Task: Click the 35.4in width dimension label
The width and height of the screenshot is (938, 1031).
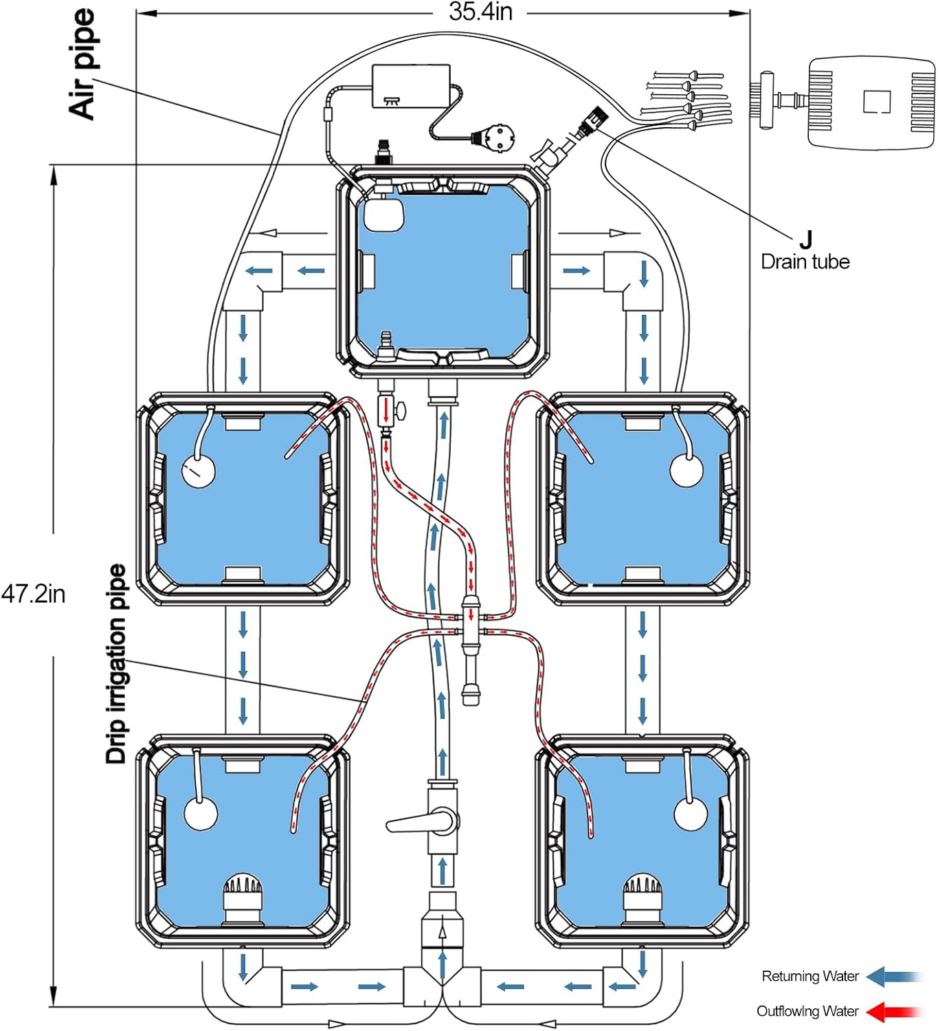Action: coord(480,12)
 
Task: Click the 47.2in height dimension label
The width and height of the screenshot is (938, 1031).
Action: coord(33,593)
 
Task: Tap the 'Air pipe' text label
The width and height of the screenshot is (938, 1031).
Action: coord(82,65)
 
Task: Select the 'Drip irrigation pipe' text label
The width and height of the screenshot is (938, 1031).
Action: coord(116,664)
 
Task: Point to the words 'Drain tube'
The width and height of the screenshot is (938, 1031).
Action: coord(805,262)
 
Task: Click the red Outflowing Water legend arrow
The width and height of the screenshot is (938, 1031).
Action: coord(894,1011)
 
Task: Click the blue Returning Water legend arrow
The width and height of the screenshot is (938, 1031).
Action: coord(894,976)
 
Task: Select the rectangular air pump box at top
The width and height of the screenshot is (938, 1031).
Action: coord(411,86)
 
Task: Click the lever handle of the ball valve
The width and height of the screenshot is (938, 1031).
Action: coord(411,823)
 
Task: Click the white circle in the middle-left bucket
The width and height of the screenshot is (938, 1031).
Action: coord(198,472)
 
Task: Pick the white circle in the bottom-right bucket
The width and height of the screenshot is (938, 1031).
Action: coord(691,814)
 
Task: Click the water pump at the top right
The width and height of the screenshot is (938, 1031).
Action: coord(870,102)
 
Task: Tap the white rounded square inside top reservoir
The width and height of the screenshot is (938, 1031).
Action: coord(383,214)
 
